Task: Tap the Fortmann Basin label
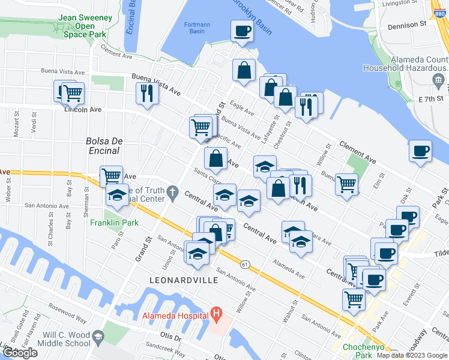point(195,28)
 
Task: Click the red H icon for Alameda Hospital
point(217,314)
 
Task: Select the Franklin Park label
point(114,223)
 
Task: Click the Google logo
point(20,352)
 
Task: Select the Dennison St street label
point(406,25)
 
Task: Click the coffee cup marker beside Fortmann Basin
point(243,31)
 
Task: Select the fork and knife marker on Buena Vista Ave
point(146,92)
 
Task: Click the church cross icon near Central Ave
point(173,193)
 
